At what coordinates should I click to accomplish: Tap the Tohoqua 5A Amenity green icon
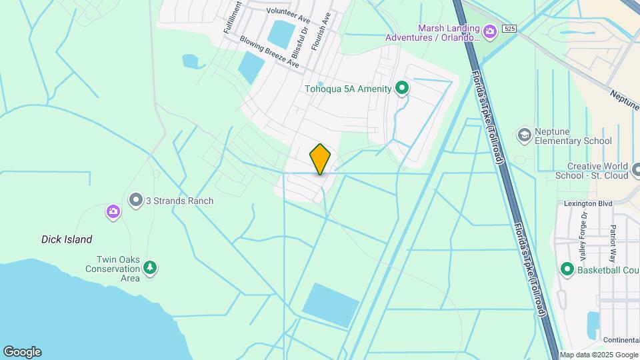point(402,88)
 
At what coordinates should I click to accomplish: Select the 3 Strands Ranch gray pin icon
point(136,200)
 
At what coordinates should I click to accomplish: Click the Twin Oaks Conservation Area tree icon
point(151,268)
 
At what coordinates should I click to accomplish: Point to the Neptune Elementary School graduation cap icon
point(524,135)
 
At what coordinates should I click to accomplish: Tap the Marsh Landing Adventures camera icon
point(490,31)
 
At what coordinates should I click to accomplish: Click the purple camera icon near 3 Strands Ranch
point(113,212)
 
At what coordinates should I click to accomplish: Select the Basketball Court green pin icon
point(567,270)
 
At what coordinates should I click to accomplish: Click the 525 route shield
point(509,28)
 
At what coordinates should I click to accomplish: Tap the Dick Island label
point(67,239)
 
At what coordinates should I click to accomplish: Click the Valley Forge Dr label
point(583,236)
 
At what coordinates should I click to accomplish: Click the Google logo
point(21,352)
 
